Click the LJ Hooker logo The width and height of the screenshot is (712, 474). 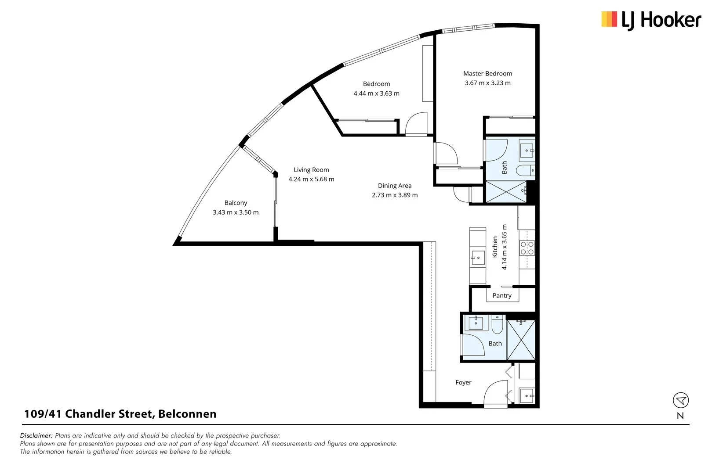pos(651,20)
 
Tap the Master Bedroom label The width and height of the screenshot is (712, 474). pos(487,74)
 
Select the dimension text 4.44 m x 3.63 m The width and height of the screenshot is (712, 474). pos(376,93)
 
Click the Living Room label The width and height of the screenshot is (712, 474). pos(311,170)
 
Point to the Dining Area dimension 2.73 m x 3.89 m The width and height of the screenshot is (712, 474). pos(394,195)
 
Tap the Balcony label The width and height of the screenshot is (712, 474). pos(236,203)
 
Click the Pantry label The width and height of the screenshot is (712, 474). pos(502,296)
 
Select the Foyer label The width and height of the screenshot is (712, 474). pos(463,383)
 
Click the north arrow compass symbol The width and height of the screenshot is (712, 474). pos(680,400)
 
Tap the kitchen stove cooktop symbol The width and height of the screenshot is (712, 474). pos(527,248)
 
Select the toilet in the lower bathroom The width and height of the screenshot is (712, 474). pos(498,325)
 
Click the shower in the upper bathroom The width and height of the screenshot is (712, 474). pos(505,192)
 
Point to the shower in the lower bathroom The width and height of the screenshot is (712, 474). pos(521,340)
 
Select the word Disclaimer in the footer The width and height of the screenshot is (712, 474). pos(36,436)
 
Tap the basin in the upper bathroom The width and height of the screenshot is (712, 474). pos(527,151)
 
